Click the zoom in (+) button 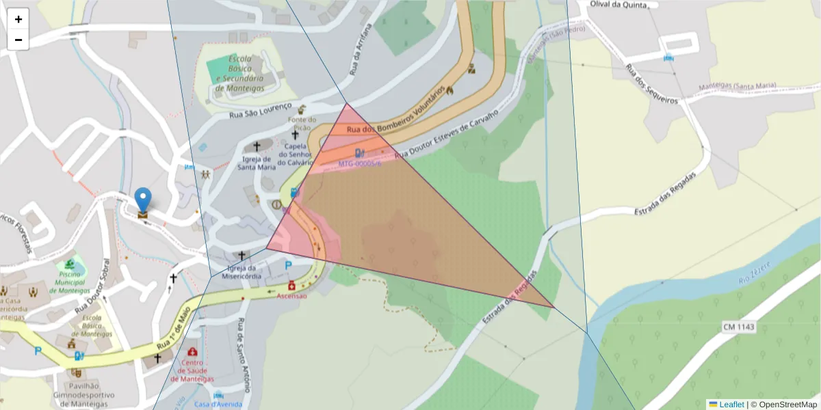point(18,19)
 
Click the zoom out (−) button point(18,40)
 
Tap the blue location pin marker point(142,200)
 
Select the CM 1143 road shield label point(738,327)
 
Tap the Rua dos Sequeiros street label point(651,85)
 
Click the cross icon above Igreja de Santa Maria point(257,146)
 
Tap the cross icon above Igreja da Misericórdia point(241,255)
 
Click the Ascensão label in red point(292,295)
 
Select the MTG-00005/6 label point(360,164)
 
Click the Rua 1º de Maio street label point(173,333)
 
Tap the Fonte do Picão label point(301,123)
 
